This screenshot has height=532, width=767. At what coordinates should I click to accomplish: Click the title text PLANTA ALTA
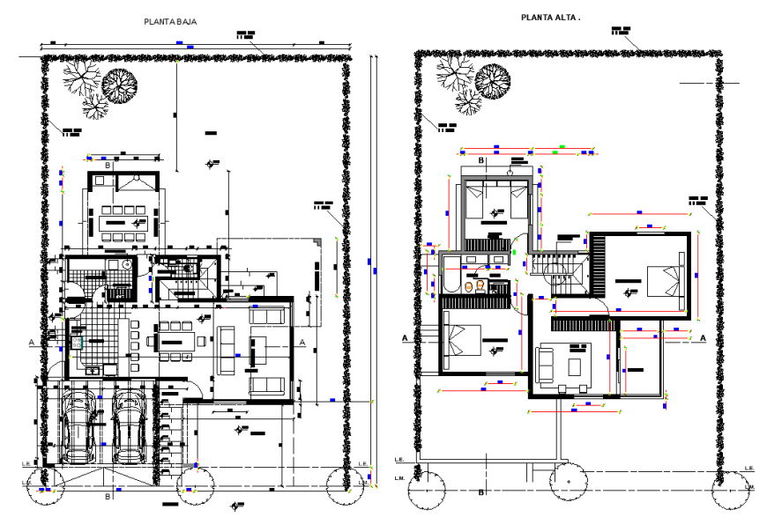pos(550,17)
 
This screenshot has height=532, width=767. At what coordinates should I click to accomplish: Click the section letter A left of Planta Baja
pos(31,341)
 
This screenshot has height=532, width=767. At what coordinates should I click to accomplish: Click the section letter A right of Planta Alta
pos(704,336)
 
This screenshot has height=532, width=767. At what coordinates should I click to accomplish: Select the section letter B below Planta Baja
pos(108,497)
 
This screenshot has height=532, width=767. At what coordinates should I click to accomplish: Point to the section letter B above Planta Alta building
pos(480,161)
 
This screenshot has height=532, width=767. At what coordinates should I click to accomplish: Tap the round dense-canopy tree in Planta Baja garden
pos(119,85)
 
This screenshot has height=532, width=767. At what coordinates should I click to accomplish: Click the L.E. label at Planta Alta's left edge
pos(398,460)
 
